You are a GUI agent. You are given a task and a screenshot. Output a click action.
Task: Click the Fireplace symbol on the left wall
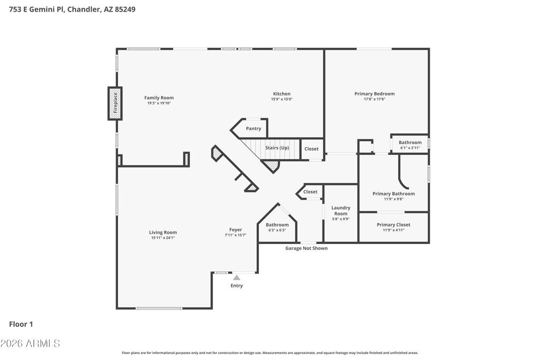[115, 103]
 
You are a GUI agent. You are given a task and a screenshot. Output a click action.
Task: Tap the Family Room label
[159, 98]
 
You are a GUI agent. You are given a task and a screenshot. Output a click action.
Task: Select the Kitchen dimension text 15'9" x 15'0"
[282, 99]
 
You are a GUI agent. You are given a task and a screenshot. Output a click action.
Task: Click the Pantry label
[254, 129]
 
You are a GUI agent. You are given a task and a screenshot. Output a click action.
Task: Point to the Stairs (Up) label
[277, 148]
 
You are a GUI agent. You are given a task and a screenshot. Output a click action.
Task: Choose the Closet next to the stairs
[311, 149]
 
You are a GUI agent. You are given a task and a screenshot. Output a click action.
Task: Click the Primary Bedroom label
[374, 94]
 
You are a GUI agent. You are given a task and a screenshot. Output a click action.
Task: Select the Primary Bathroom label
[393, 194]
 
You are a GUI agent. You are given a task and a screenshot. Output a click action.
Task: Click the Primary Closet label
[393, 225]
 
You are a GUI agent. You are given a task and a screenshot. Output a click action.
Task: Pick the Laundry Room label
[341, 211]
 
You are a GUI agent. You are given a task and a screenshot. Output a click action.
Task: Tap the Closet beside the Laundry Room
[310, 192]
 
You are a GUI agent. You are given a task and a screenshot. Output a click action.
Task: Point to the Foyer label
[236, 230]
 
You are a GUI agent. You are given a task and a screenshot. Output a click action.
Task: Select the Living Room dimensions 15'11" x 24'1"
[163, 238]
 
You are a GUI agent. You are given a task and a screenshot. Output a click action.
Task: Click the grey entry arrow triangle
[237, 278]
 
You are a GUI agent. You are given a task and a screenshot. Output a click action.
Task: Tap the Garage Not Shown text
[306, 248]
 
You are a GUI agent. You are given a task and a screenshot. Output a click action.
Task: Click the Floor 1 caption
[21, 324]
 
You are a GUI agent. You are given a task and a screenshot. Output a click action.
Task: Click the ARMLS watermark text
[43, 344]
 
